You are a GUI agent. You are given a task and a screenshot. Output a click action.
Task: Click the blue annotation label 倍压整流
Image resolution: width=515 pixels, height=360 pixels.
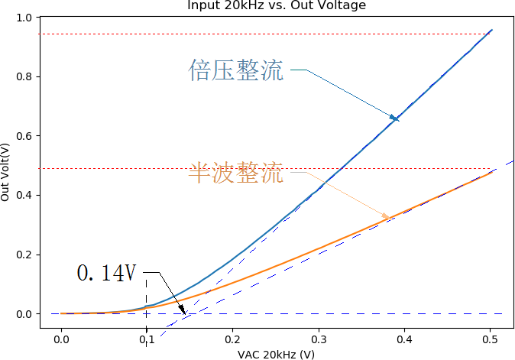pos(235,71)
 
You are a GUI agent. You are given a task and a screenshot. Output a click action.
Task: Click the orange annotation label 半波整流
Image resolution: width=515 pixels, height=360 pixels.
pos(235,174)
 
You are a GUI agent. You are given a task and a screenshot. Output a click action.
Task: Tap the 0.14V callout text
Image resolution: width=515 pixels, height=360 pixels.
pos(107,273)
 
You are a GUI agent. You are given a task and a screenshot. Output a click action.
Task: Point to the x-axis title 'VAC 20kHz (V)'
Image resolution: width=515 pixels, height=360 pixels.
pos(276,354)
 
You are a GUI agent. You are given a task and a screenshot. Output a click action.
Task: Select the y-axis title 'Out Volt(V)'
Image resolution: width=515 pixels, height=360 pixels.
pos(6,171)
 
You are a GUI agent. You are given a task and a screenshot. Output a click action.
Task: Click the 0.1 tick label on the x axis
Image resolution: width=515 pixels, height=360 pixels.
pos(147,339)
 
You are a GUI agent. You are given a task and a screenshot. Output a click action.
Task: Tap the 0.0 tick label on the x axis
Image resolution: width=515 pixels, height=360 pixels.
pos(60,339)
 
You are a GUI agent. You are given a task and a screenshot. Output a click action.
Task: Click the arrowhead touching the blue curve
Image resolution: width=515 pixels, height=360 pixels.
pos(395,118)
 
